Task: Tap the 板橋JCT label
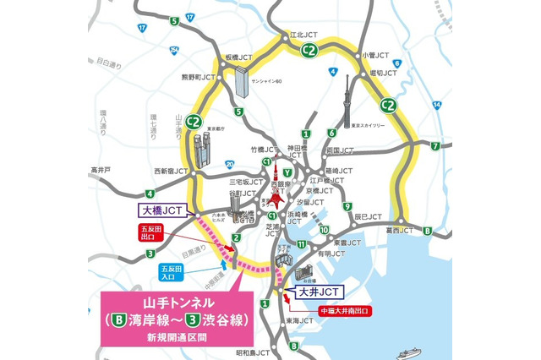pyautogui.click(x=238, y=57)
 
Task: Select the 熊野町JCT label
pyautogui.click(x=200, y=78)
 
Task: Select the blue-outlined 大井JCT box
pyautogui.click(x=319, y=292)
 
